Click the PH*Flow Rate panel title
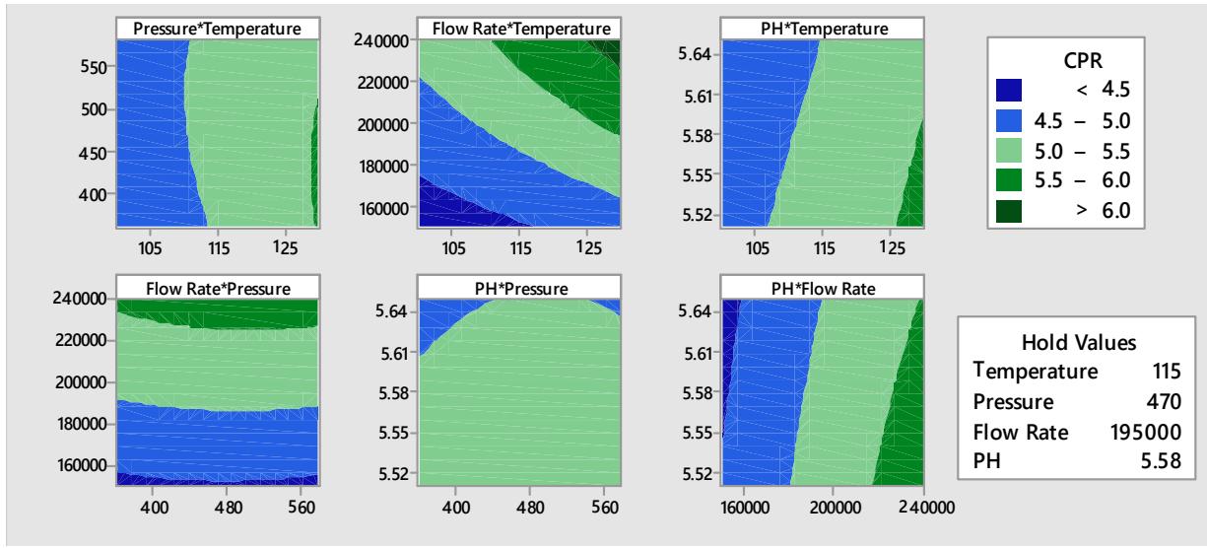821,288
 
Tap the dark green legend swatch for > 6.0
1013,209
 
